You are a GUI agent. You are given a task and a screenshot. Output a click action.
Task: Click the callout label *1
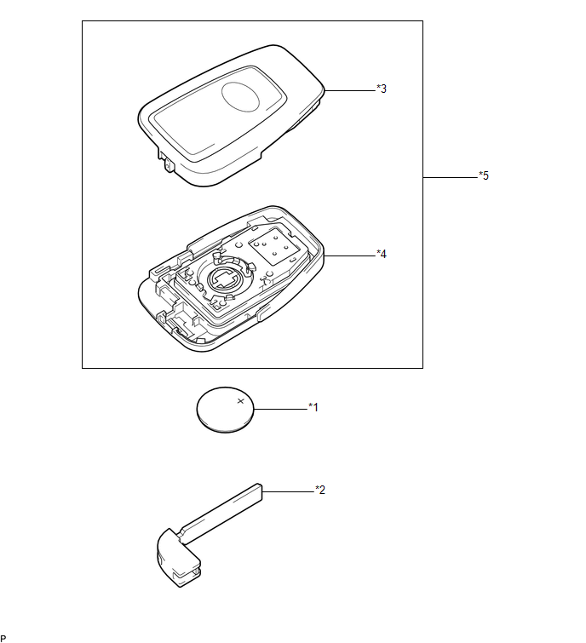click(313, 407)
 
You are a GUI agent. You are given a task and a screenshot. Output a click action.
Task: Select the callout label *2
click(320, 490)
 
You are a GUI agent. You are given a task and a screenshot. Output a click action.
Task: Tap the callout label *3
click(382, 89)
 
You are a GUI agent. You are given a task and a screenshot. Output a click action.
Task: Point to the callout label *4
click(382, 255)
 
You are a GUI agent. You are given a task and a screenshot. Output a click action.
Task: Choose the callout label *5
click(484, 175)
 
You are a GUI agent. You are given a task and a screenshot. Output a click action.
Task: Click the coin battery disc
click(225, 410)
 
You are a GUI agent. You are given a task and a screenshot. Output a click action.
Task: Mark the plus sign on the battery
click(241, 401)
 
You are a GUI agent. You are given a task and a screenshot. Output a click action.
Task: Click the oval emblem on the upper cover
click(241, 97)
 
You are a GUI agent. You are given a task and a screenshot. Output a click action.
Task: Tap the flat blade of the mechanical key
click(221, 514)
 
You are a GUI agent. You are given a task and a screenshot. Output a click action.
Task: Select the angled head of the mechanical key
click(178, 558)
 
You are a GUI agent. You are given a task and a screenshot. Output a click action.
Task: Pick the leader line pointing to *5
click(451, 177)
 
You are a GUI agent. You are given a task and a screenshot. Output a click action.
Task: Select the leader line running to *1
click(281, 409)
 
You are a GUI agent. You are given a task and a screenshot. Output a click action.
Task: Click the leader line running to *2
click(288, 491)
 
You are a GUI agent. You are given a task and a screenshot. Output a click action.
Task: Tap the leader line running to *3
click(350, 90)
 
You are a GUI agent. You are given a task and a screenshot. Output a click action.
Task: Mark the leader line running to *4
click(350, 255)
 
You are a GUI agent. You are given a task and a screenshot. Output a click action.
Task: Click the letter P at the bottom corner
click(3, 639)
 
